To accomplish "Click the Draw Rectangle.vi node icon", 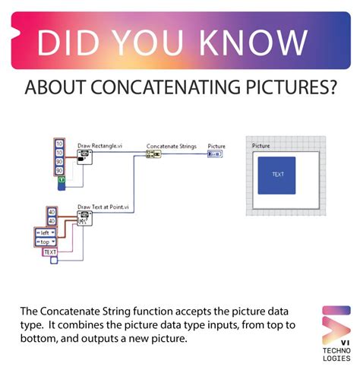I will [84, 155].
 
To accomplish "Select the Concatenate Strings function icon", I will [153, 153].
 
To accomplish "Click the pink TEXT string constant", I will [50, 251].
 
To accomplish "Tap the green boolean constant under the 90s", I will [62, 180].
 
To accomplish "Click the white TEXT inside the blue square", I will [277, 174].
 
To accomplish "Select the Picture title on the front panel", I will [261, 144].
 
